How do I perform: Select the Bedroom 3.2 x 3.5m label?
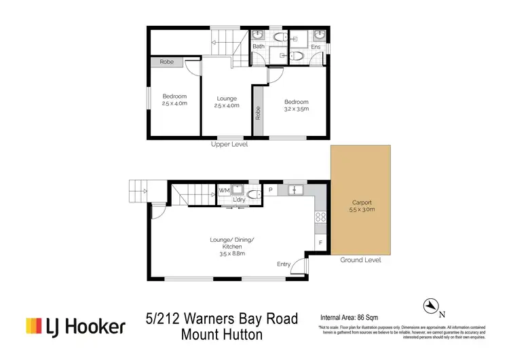(296, 105)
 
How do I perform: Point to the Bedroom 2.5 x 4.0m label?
(174, 100)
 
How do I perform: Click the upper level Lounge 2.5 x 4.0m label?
(227, 102)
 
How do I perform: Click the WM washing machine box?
(224, 191)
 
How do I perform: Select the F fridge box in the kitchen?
(320, 242)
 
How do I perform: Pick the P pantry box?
(270, 190)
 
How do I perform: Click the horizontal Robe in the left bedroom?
(166, 62)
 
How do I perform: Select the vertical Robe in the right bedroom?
(258, 113)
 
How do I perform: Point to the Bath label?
(258, 46)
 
